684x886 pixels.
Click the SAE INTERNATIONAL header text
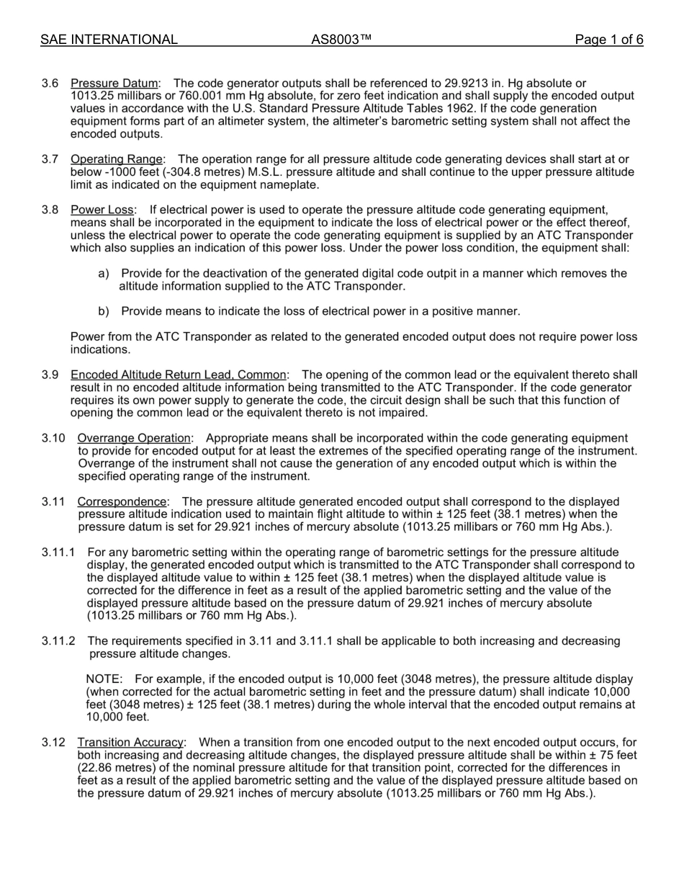109,40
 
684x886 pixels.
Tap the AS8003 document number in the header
341,40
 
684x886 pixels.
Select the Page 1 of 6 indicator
608,40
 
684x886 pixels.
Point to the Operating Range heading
117,159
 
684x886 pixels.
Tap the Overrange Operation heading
134,439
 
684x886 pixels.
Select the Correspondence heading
122,502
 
